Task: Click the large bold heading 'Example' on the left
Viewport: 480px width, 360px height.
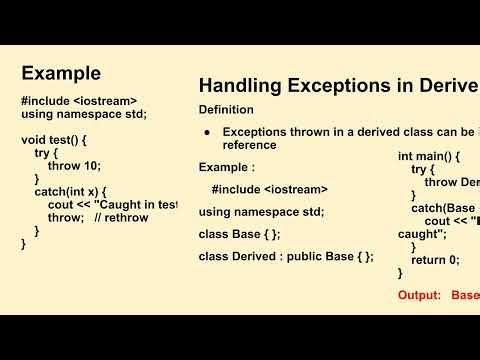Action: click(61, 73)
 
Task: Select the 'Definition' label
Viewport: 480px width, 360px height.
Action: click(226, 109)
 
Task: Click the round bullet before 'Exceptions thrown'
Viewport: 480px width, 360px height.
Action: click(206, 132)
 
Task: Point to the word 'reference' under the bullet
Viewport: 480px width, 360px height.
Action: click(252, 145)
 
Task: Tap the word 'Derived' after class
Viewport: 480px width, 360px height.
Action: click(258, 256)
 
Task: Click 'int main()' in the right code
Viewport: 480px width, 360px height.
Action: click(428, 157)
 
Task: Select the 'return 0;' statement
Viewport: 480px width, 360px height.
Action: click(435, 259)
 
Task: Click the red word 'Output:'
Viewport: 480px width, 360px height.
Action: click(419, 295)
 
